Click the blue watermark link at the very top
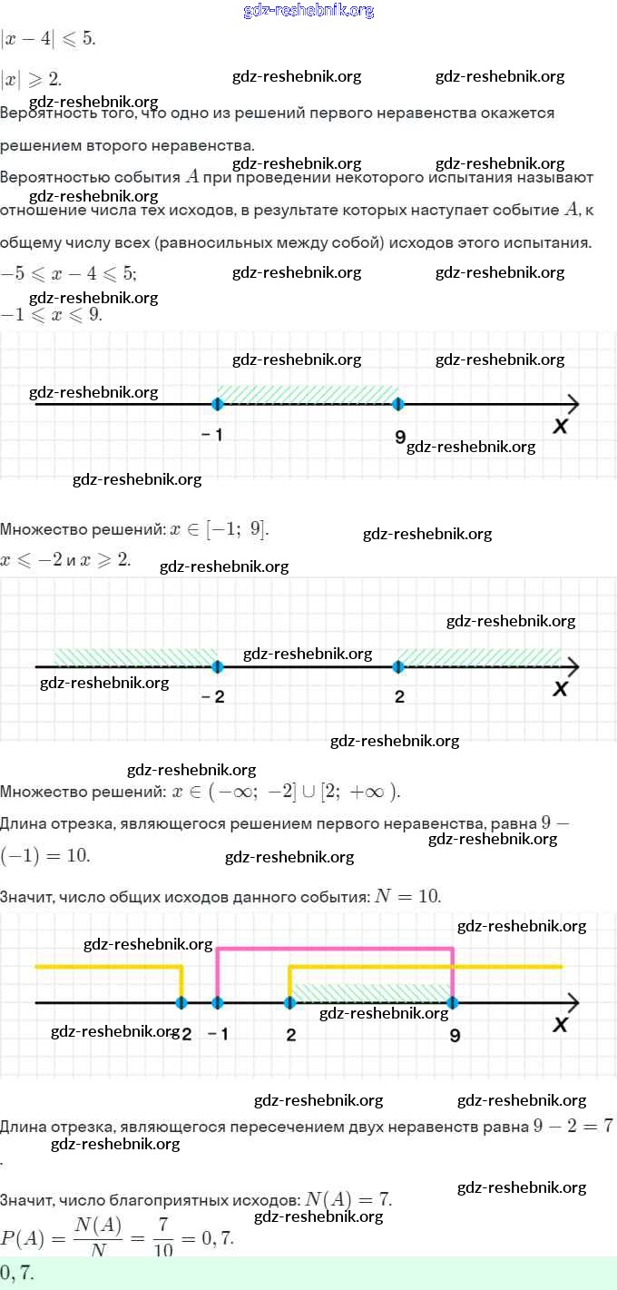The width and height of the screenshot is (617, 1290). point(308,10)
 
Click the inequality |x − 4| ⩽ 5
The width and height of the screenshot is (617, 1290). point(48,38)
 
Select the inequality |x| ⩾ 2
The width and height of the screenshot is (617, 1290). point(32,79)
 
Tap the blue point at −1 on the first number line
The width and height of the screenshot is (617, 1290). point(217,404)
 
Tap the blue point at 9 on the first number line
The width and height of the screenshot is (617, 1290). point(398,404)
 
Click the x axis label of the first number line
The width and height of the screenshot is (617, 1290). point(560,425)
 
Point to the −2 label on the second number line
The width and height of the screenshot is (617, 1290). point(213,696)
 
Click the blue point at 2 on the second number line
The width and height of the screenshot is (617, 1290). point(398,666)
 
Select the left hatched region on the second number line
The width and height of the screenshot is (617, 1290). point(134,656)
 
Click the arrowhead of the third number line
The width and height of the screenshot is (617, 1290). point(572,1002)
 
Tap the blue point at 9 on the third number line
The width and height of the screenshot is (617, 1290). point(453,1002)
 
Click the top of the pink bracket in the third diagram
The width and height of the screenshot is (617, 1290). point(335,949)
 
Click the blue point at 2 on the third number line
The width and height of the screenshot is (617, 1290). point(289,1002)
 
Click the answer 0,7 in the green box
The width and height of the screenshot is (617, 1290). point(17,1273)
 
